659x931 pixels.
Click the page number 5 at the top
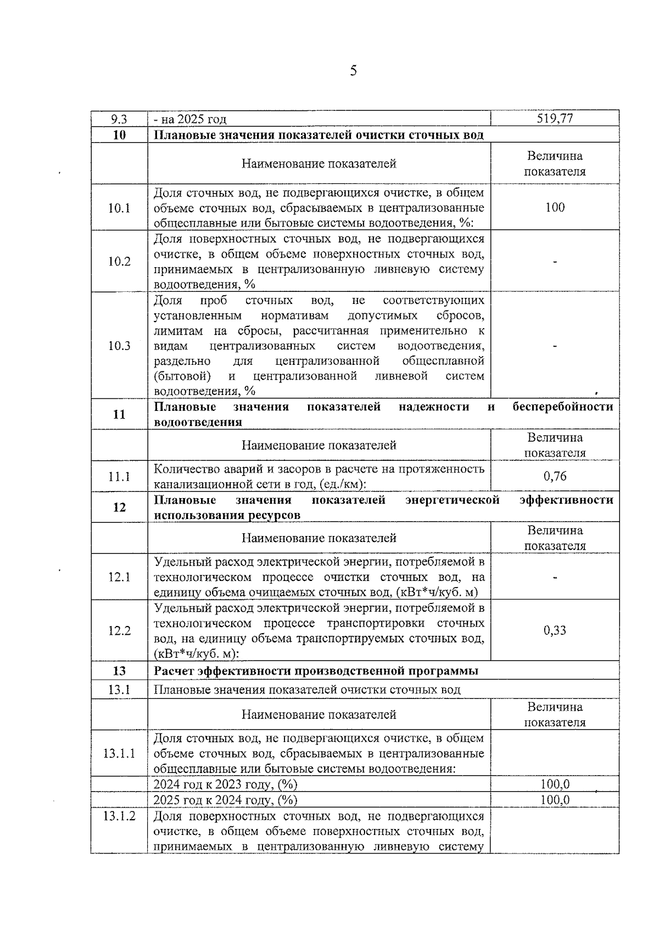point(353,70)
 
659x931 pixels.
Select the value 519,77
point(555,119)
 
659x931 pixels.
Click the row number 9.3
point(119,119)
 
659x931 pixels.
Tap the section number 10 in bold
point(119,135)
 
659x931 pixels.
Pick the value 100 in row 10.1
point(555,207)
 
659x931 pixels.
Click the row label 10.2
point(119,261)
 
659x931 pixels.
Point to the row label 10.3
point(119,346)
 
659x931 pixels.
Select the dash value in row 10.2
point(555,262)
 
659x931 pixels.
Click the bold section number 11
point(119,415)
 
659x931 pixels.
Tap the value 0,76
point(555,476)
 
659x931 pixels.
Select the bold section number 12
point(119,507)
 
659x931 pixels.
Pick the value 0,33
point(555,630)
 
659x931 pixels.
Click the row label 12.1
point(119,577)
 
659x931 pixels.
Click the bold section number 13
point(119,671)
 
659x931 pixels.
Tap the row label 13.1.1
point(119,753)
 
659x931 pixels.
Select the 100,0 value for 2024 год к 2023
point(555,785)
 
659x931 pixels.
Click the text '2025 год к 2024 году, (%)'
point(225,800)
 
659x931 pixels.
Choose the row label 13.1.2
point(119,816)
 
